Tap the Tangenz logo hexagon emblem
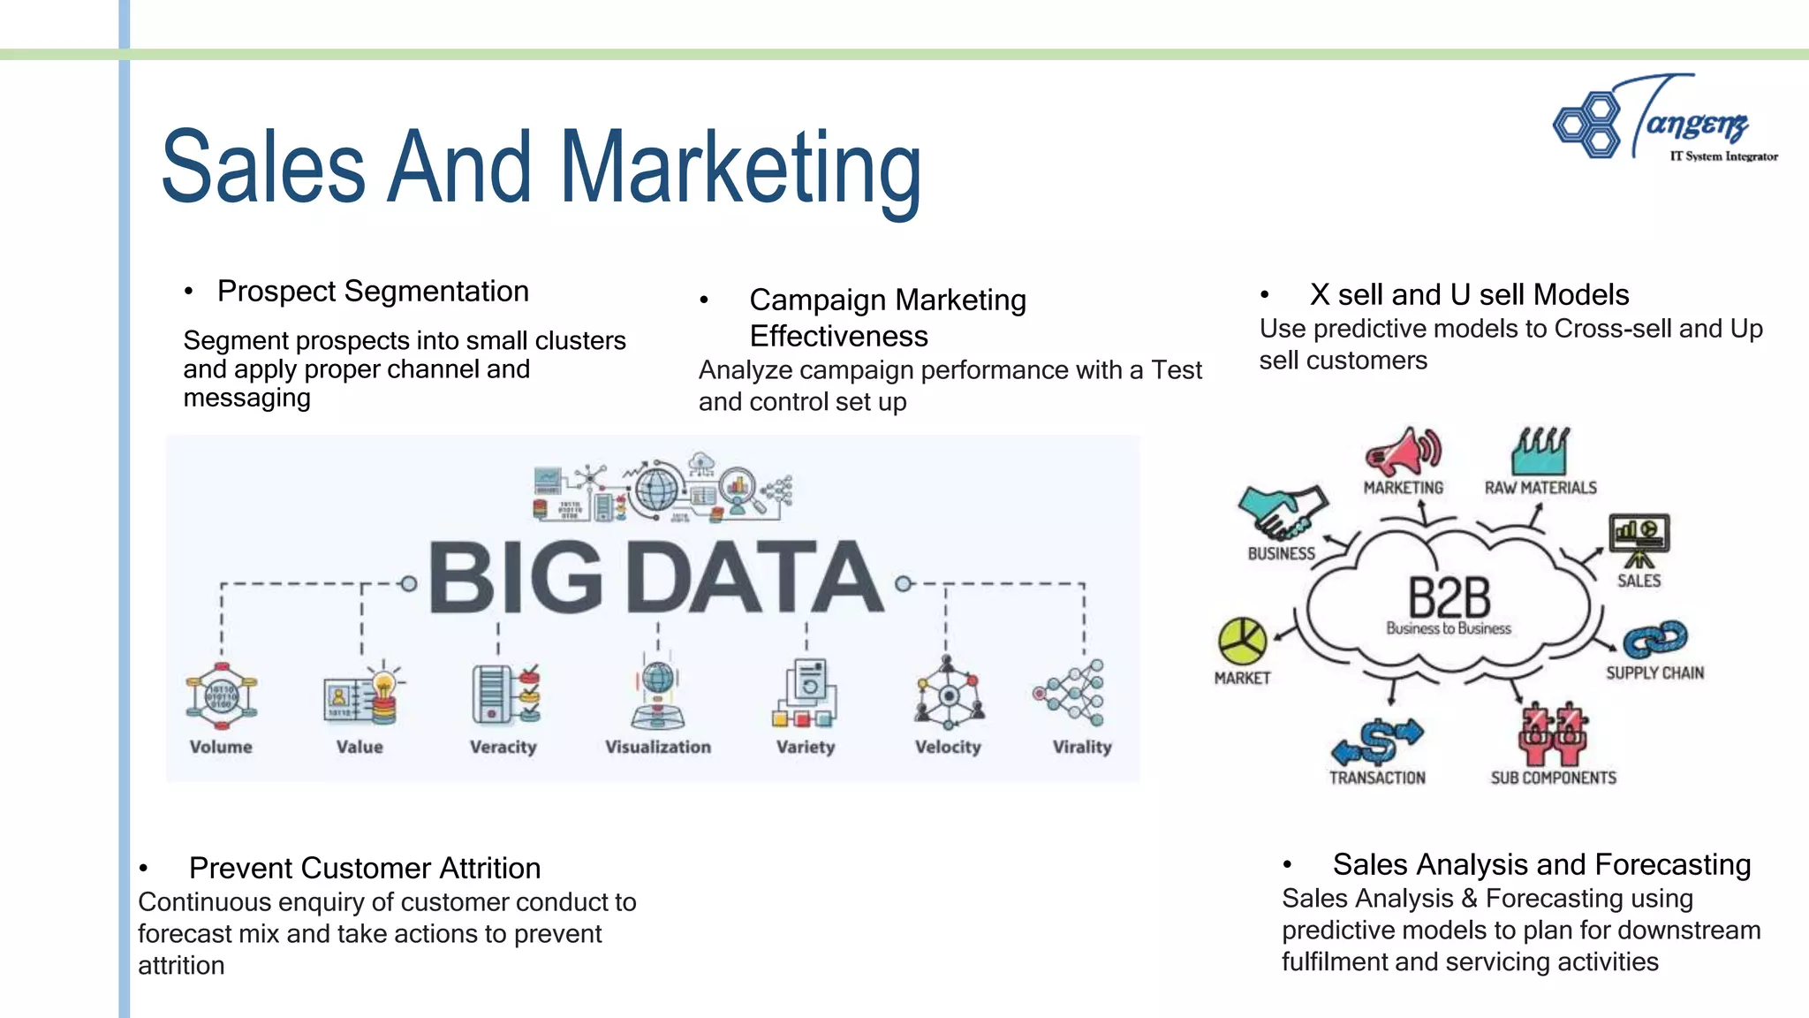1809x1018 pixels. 1587,125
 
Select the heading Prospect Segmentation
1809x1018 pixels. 373,291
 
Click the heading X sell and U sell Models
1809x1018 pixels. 1469,294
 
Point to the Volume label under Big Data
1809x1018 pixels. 221,747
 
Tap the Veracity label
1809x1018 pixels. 503,747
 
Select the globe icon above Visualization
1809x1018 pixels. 657,679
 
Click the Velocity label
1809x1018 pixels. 948,747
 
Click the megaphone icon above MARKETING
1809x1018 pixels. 1403,452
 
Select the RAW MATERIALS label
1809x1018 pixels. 1540,488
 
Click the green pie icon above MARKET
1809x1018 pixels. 1242,642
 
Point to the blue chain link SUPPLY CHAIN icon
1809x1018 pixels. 1654,639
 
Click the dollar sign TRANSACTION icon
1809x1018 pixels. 1377,741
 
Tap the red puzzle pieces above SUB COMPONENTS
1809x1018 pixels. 1553,734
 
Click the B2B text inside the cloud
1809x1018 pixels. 1449,598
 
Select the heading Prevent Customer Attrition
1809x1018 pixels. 364,868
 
